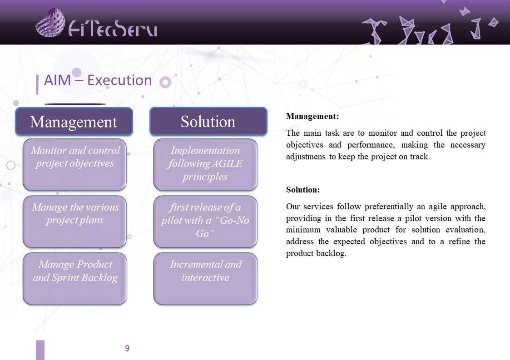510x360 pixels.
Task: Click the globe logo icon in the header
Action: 50,22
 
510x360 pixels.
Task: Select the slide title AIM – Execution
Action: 98,80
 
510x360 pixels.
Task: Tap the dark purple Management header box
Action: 74,121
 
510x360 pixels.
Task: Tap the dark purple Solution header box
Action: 208,121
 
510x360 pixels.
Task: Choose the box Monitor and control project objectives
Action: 74,164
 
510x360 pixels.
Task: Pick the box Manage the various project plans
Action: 74,222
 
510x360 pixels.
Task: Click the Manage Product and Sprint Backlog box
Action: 74,279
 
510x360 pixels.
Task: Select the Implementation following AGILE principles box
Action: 205,164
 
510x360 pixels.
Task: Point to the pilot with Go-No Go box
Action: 205,222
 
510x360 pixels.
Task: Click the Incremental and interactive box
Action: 205,279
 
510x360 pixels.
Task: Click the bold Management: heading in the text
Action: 312,116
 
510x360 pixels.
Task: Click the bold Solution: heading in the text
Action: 303,190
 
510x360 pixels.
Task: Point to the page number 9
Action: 127,348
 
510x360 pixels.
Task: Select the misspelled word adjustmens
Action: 306,157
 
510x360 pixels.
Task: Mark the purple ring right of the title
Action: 165,82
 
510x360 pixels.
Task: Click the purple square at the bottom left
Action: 40,350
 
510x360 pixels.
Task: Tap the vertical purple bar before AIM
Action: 37,84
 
